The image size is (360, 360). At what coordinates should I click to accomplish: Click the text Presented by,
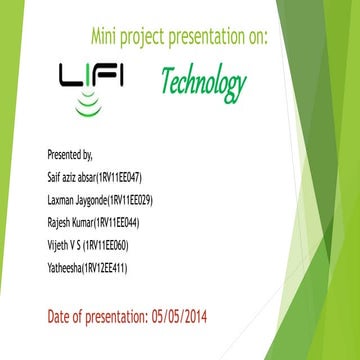(x=69, y=155)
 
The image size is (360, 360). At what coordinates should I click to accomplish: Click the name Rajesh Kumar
(x=71, y=222)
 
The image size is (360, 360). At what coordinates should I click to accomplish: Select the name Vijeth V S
(x=66, y=245)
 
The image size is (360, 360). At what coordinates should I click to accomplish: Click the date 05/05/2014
(x=179, y=317)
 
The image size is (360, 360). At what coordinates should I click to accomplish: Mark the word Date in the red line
(x=61, y=317)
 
